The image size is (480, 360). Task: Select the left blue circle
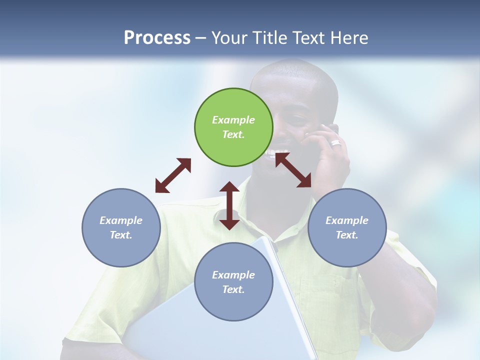121,227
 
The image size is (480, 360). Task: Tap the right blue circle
347,227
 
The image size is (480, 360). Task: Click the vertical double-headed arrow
229,205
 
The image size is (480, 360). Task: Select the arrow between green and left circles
173,175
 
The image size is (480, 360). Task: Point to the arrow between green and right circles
293,170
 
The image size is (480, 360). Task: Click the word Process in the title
157,37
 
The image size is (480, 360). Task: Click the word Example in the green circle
233,120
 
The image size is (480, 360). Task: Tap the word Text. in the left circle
121,235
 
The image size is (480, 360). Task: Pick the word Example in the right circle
347,220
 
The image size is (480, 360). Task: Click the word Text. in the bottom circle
233,289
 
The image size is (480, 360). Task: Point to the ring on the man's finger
336,143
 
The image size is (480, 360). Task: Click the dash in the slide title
201,38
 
